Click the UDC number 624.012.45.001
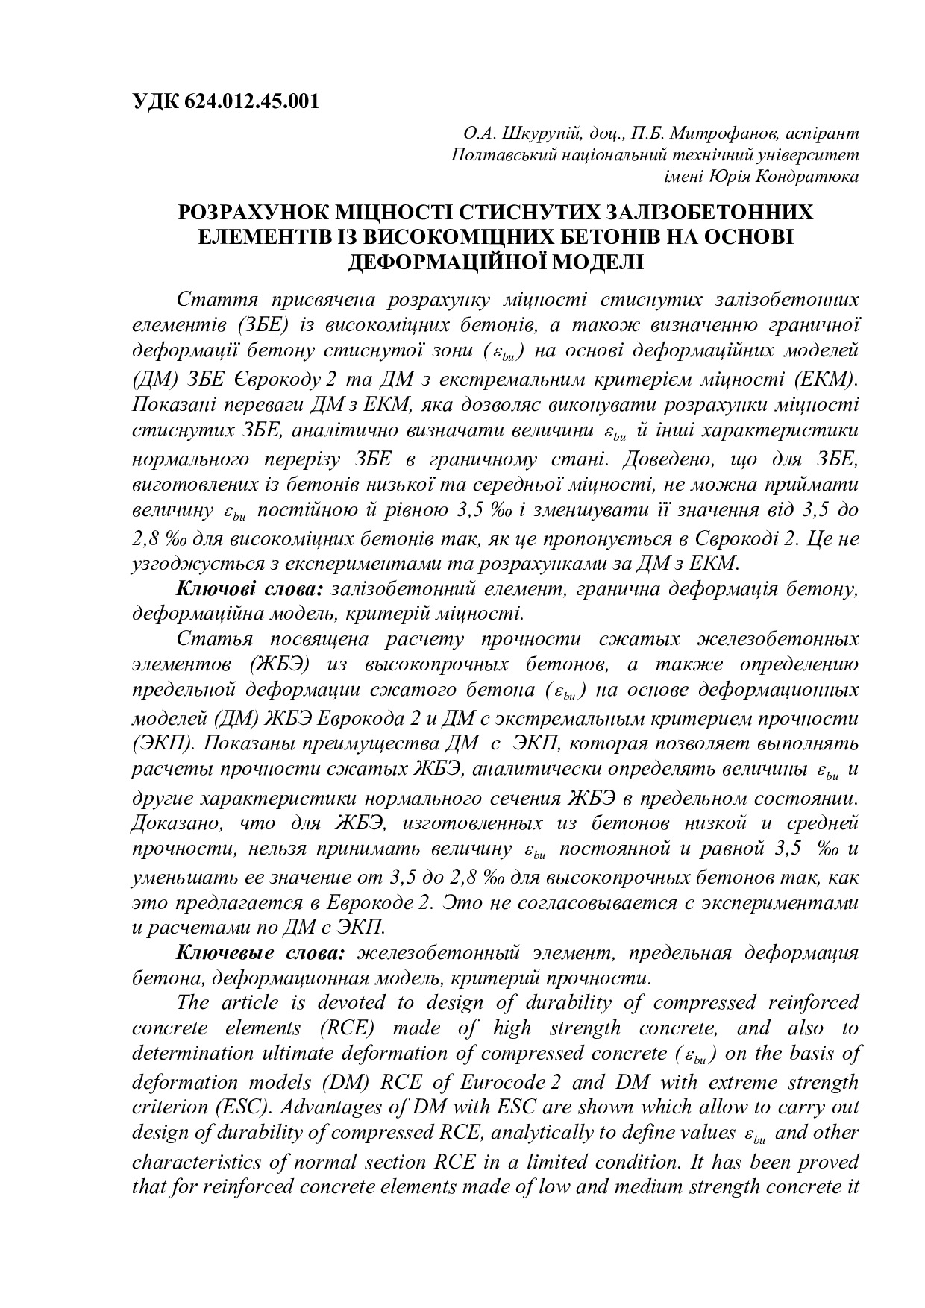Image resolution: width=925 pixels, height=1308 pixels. tap(249, 101)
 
